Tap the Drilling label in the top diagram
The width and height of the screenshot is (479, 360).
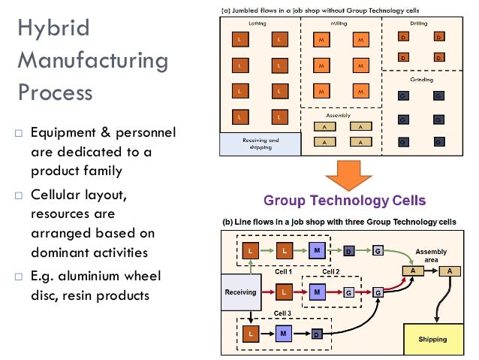[419, 24]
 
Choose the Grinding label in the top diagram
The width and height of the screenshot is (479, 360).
[420, 79]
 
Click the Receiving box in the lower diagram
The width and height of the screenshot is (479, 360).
[241, 292]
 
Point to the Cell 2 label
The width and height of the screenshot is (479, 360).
[331, 271]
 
